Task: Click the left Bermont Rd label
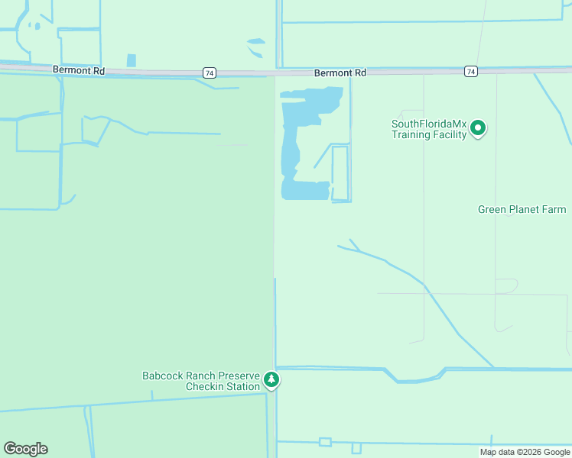(x=79, y=70)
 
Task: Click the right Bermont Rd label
(x=340, y=73)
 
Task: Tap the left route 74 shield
(x=210, y=73)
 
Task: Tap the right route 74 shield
(x=471, y=71)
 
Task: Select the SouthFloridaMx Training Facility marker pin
(x=479, y=128)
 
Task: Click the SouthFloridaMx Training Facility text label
(x=428, y=130)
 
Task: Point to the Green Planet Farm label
(x=522, y=209)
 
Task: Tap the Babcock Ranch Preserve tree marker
(x=271, y=379)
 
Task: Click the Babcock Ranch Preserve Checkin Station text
(x=201, y=381)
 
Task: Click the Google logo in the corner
(x=25, y=449)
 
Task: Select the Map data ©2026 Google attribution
(x=525, y=452)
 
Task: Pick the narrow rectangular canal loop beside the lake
(x=340, y=173)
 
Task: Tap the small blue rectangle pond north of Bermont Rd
(x=131, y=60)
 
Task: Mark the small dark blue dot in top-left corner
(x=37, y=26)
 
